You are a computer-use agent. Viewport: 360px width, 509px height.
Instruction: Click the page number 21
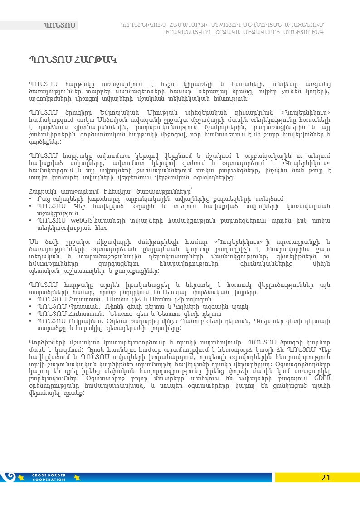326,477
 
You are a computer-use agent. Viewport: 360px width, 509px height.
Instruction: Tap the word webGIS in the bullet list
82,220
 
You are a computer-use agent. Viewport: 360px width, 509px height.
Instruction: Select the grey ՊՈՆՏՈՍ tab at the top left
58,25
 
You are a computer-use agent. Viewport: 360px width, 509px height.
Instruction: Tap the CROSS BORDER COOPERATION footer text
49,477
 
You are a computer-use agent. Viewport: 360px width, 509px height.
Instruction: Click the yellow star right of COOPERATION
77,477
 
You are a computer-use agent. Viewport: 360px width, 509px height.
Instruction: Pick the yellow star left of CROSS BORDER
21,477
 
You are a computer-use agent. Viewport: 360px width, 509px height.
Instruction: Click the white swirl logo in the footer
8,476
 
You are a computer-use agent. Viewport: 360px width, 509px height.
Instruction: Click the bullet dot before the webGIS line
30,221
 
